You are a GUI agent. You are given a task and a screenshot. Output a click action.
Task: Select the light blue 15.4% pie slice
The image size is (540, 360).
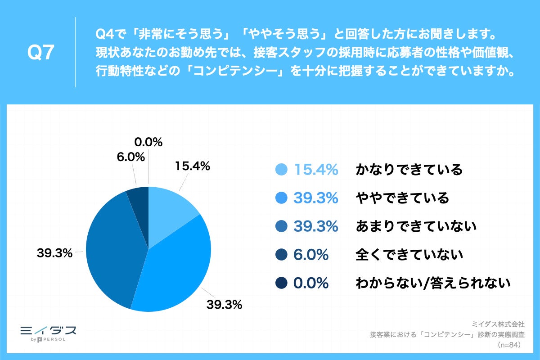pos(169,211)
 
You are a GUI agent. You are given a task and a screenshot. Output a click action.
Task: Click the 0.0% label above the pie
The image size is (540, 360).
pos(148,142)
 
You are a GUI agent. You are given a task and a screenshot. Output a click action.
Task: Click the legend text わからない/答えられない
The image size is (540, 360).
pos(433,283)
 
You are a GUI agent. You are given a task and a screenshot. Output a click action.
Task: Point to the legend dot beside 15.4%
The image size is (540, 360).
pos(281,170)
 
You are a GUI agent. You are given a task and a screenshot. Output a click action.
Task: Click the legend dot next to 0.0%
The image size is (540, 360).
pos(281,283)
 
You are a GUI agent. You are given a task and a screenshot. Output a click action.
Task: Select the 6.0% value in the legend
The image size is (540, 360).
pos(310,255)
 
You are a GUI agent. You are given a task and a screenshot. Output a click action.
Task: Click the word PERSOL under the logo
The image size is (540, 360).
pos(54,339)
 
